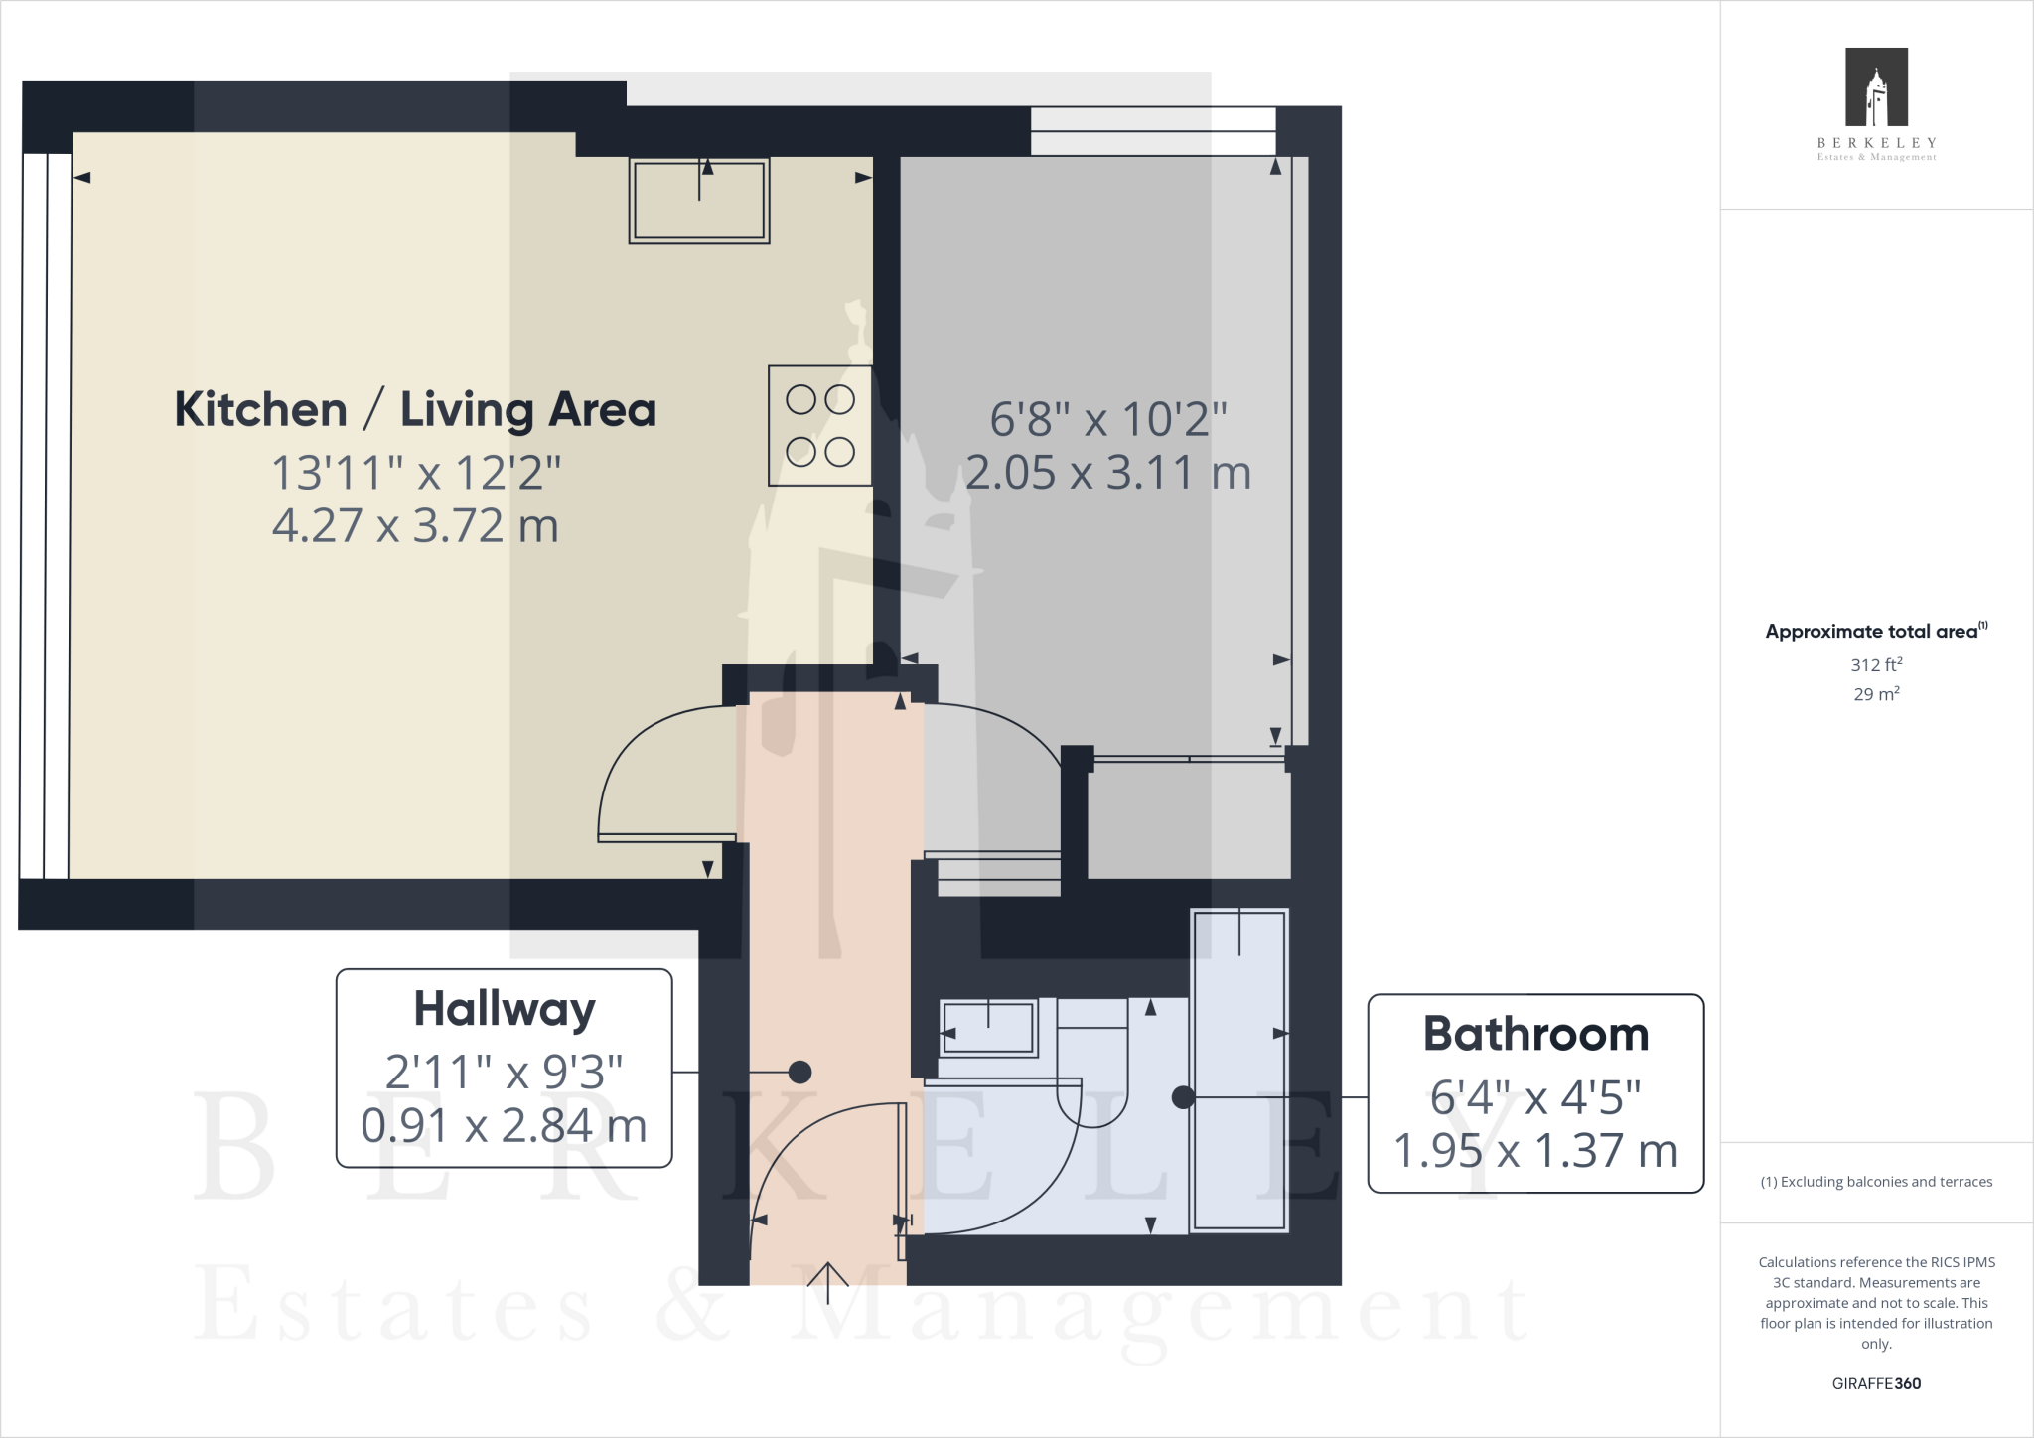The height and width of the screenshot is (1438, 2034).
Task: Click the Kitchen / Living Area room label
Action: click(x=415, y=410)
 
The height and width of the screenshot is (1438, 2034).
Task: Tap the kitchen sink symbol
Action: click(x=699, y=201)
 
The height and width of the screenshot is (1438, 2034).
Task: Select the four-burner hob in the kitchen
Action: click(x=820, y=426)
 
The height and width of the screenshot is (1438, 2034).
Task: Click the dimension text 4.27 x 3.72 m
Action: click(x=415, y=526)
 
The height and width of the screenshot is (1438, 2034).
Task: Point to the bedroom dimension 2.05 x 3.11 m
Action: click(x=1108, y=473)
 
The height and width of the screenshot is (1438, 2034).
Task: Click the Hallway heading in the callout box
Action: click(x=505, y=1009)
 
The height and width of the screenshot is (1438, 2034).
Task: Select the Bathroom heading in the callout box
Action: click(x=1535, y=1034)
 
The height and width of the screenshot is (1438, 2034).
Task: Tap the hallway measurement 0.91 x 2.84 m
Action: click(x=505, y=1126)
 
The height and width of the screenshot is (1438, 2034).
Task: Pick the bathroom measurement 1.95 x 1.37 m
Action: click(x=1535, y=1151)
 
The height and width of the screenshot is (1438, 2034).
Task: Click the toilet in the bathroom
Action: click(x=1093, y=1068)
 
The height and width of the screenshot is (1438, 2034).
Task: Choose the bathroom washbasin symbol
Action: click(x=988, y=1027)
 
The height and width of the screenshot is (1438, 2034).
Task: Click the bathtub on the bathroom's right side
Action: click(x=1239, y=1070)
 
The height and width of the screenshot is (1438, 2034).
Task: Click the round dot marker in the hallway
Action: click(x=799, y=1073)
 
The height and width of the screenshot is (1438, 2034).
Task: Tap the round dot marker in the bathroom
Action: click(x=1183, y=1097)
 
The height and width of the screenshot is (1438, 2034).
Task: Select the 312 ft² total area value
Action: click(x=1876, y=665)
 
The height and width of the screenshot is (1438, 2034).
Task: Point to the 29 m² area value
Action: click(x=1876, y=694)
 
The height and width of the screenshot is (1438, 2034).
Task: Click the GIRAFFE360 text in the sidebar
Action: click(x=1876, y=1383)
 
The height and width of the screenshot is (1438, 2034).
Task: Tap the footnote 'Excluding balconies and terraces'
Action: click(x=1876, y=1182)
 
